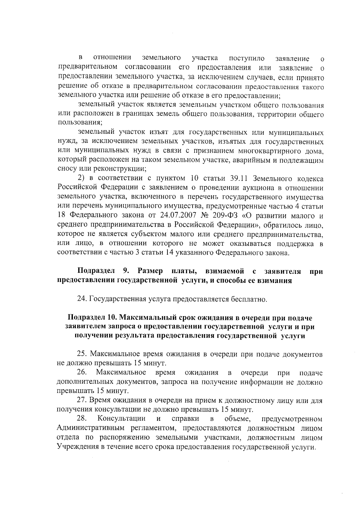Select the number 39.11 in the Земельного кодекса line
(x=239, y=179)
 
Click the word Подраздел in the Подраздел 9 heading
(x=96, y=271)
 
